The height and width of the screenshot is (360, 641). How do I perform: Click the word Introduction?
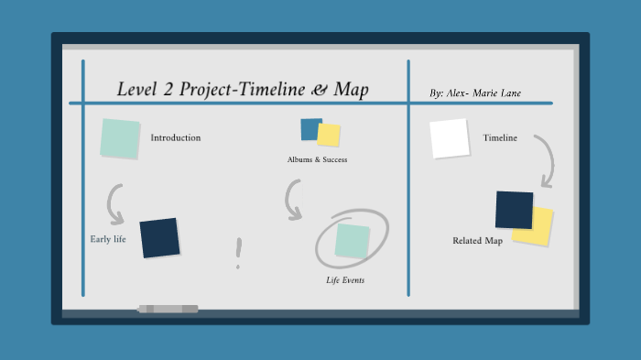tap(175, 138)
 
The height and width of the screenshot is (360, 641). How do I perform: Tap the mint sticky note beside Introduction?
tap(120, 138)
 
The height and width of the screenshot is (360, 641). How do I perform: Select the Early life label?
tap(108, 240)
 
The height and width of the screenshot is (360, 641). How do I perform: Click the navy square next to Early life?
tap(159, 237)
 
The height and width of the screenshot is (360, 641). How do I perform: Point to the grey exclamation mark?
tap(238, 253)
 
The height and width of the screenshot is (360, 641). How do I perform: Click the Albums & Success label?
tap(317, 159)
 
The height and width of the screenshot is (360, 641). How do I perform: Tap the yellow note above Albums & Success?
tap(330, 136)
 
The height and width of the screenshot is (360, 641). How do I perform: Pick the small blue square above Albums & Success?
tap(310, 129)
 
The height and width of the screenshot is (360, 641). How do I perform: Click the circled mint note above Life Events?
tap(352, 240)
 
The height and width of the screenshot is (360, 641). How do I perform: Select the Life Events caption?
tap(345, 280)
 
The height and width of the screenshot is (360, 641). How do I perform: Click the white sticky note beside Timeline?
tap(449, 138)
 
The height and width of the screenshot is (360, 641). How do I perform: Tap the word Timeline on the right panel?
tap(500, 138)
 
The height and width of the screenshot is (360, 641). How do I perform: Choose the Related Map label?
tap(477, 241)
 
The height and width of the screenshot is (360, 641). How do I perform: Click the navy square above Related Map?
tap(514, 210)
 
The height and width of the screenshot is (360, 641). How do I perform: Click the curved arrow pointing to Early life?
tap(114, 204)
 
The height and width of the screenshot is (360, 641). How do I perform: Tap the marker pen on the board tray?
tap(168, 309)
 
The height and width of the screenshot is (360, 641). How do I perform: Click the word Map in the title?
tap(352, 90)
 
